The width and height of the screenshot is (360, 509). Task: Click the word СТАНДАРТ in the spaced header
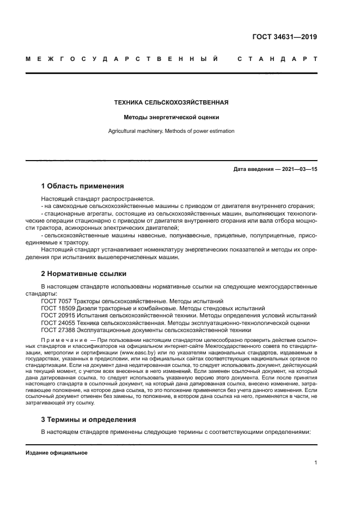pyautogui.click(x=277, y=58)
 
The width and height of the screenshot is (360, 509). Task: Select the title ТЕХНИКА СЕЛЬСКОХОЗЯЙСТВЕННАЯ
pyautogui.click(x=171, y=102)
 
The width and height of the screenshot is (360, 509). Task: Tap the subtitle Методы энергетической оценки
pyautogui.click(x=171, y=116)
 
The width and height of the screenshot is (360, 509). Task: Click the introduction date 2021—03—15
pyautogui.click(x=298, y=169)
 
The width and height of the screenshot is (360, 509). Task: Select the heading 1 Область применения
pyautogui.click(x=82, y=186)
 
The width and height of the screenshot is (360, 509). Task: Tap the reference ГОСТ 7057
pyautogui.click(x=56, y=301)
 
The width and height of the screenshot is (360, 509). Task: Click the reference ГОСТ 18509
pyautogui.click(x=57, y=308)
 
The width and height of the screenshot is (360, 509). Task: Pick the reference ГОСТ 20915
pyautogui.click(x=57, y=315)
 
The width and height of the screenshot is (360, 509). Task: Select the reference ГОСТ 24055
pyautogui.click(x=57, y=322)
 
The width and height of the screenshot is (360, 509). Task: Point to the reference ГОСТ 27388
pyautogui.click(x=57, y=329)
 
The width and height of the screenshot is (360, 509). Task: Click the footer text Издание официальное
pyautogui.click(x=57, y=453)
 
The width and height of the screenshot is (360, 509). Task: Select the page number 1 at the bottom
pyautogui.click(x=316, y=463)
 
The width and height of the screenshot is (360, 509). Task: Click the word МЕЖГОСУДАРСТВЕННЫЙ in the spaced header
pyautogui.click(x=122, y=58)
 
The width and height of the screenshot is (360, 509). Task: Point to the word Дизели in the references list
pyautogui.click(x=85, y=308)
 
